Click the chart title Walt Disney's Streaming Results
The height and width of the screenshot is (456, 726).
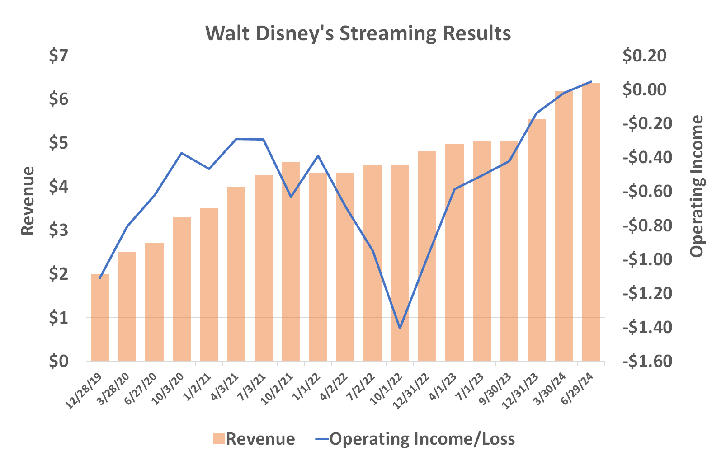click(x=358, y=34)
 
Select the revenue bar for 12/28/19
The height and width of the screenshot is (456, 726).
click(x=100, y=318)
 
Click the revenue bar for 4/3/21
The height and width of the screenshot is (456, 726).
click(x=236, y=274)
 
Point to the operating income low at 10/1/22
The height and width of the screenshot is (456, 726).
click(x=400, y=328)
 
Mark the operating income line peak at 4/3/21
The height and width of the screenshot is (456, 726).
click(x=236, y=139)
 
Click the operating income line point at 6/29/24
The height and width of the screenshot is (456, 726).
click(x=591, y=82)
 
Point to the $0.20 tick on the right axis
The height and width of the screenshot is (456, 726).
click(x=644, y=56)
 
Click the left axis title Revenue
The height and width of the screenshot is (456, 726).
click(x=28, y=201)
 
